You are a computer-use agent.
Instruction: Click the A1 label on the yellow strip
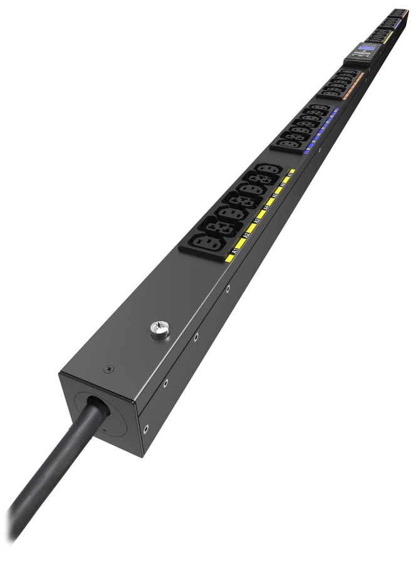(236, 251)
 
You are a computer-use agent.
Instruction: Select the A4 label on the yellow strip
(265, 207)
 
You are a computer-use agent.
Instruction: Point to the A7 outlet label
(290, 175)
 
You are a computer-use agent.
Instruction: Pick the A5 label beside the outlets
(274, 196)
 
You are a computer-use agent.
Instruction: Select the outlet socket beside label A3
(233, 213)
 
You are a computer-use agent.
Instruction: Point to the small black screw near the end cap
(110, 370)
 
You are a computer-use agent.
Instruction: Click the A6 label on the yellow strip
(283, 185)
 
